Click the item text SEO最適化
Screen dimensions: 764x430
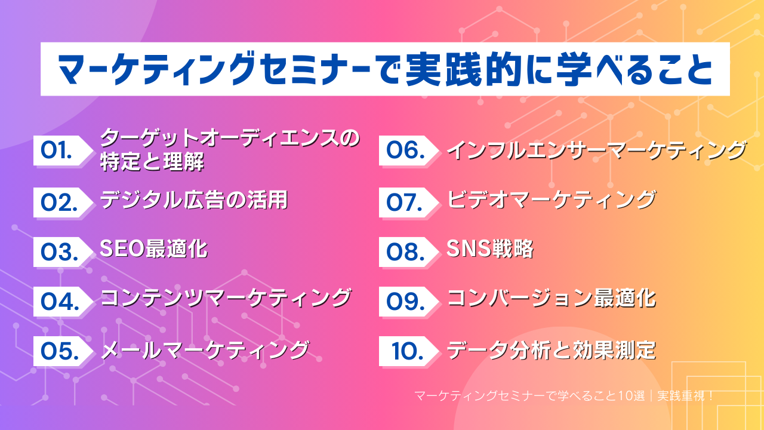pyautogui.click(x=154, y=249)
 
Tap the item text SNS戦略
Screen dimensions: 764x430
pyautogui.click(x=490, y=249)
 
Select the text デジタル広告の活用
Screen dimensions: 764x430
pyautogui.click(x=194, y=200)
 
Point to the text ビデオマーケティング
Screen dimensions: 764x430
pyautogui.click(x=552, y=200)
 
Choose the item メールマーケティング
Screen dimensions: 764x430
pyautogui.click(x=205, y=350)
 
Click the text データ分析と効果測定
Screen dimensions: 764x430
pyautogui.click(x=552, y=350)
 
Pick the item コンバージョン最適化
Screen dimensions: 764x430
pyautogui.click(x=552, y=299)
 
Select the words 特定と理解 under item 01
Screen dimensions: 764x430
pyautogui.click(x=152, y=162)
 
